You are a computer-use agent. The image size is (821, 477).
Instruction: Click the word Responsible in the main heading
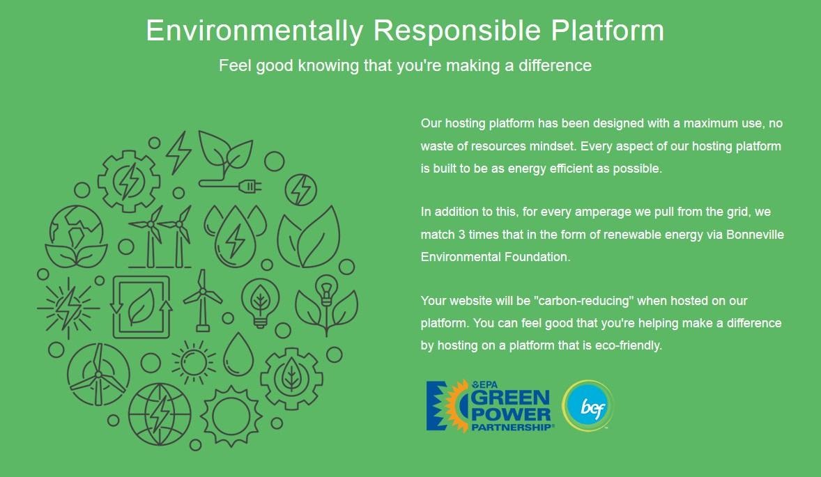coord(456,31)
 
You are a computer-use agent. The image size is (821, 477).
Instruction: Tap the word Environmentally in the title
coord(254,31)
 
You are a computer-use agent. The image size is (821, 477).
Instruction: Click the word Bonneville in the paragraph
coord(755,234)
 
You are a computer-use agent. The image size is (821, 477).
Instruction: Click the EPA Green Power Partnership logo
coord(489,406)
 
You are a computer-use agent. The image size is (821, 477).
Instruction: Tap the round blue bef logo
coord(588,406)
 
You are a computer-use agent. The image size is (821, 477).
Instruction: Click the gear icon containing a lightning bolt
coord(129,181)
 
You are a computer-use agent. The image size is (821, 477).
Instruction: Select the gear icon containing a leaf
coord(291,378)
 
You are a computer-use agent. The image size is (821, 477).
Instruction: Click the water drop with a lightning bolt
coord(235,236)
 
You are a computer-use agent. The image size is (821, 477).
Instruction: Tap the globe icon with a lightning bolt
coord(159,414)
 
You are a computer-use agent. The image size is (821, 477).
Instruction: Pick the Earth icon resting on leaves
coord(77,236)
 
